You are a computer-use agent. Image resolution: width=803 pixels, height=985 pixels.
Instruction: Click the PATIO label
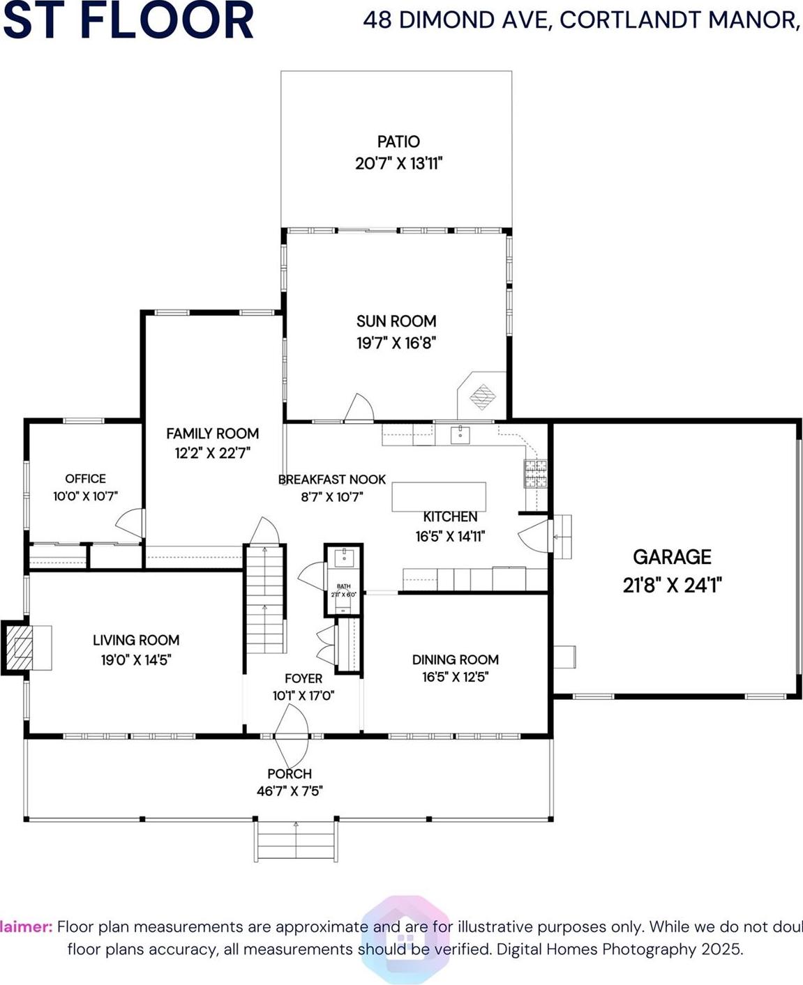pos(398,142)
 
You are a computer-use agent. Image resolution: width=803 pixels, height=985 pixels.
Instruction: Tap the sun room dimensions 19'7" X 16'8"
pos(396,343)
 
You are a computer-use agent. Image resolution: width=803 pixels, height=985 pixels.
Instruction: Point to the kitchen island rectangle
pos(439,497)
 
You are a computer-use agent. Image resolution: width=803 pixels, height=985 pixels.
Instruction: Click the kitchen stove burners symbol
pos(536,474)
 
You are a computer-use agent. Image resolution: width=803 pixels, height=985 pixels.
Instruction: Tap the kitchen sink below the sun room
pos(460,435)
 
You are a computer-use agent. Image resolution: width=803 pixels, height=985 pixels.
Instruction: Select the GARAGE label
pos(672,557)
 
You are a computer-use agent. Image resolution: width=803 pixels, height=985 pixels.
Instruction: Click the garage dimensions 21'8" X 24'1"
pos(672,585)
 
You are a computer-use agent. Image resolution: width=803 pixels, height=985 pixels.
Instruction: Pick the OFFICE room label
pos(85,479)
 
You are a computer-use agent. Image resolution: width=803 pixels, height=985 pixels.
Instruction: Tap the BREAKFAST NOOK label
pos(332,480)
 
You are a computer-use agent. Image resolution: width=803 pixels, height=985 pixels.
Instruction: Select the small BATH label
pos(343,586)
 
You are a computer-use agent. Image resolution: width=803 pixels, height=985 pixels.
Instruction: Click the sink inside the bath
pos(344,558)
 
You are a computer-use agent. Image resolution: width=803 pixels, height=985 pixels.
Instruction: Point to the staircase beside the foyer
pos(265,600)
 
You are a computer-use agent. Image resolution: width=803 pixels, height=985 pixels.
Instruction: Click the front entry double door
pos(291,735)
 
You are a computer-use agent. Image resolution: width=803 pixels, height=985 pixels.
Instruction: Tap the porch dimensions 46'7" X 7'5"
pos(290,791)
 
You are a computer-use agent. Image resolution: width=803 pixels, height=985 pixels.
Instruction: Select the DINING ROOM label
pos(455,659)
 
